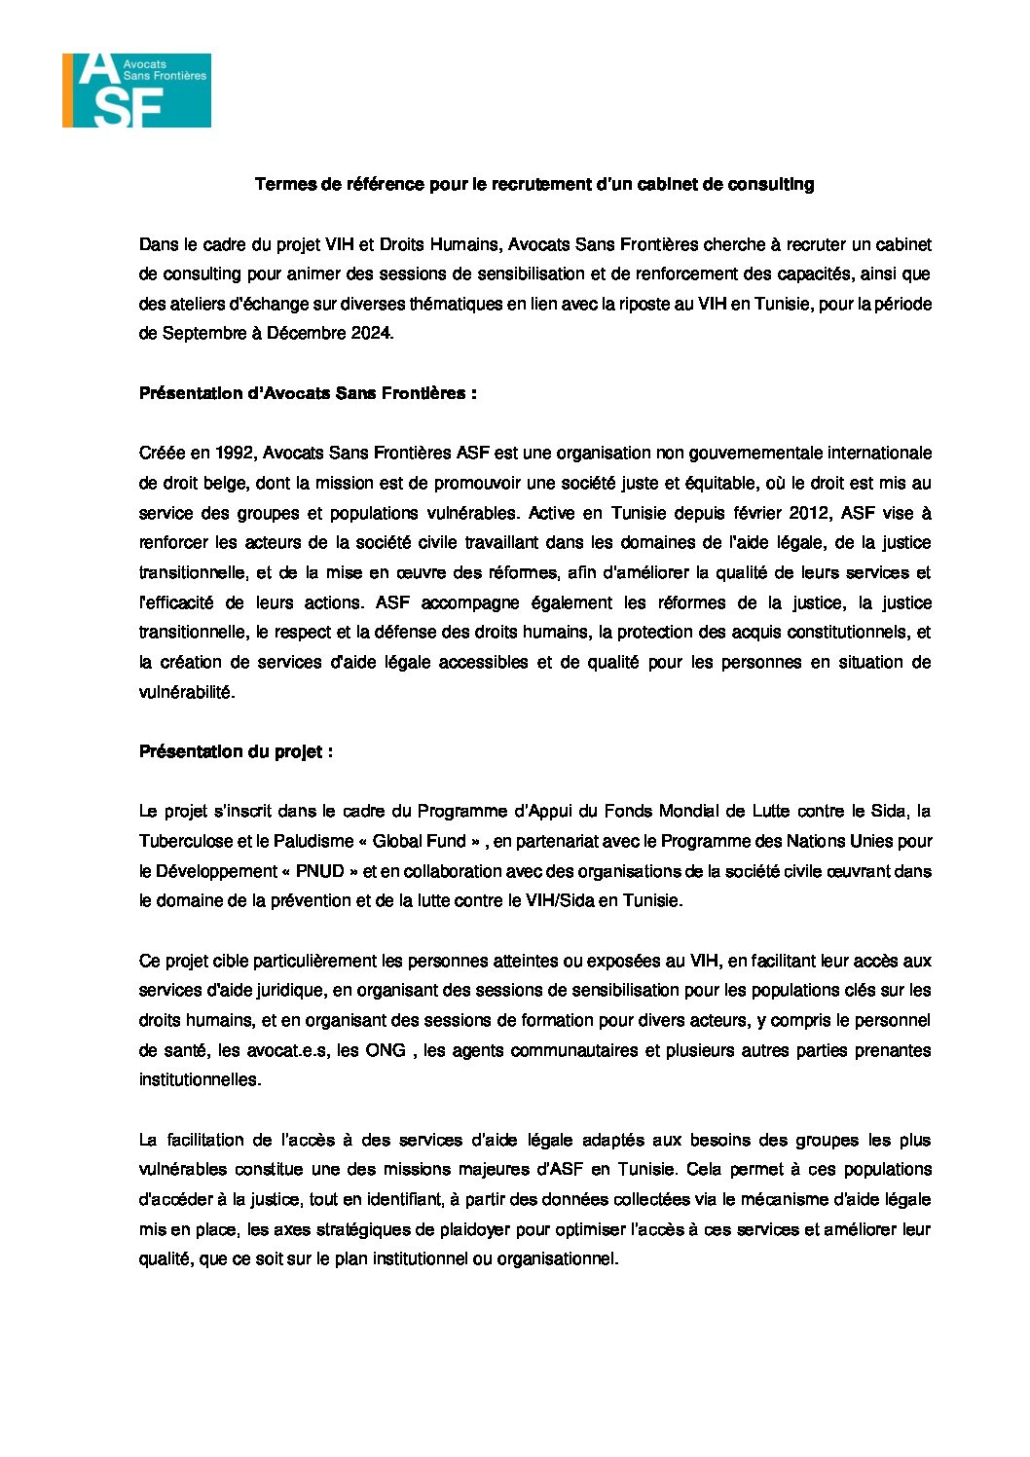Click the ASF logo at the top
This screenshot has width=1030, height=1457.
tap(137, 91)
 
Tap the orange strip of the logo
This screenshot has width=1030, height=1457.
tap(67, 91)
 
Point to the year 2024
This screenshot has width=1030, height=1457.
tap(369, 333)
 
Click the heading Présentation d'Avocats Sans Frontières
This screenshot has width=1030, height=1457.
tap(308, 393)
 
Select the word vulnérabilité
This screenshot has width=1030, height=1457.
tap(187, 692)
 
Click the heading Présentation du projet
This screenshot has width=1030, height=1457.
tap(236, 751)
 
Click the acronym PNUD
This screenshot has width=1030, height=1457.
tap(320, 871)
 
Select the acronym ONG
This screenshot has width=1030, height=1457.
tap(386, 1050)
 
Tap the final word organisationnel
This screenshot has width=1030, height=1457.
tap(557, 1258)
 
